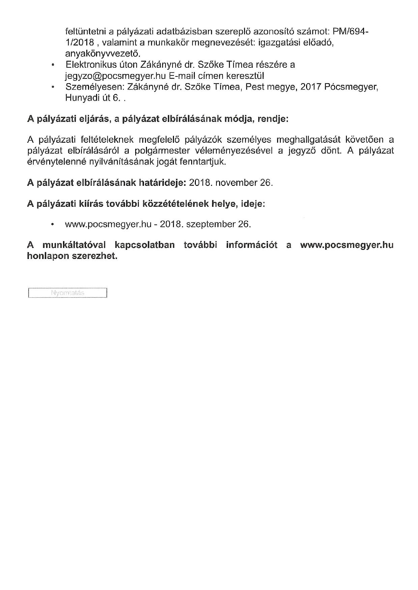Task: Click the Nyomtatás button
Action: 67,293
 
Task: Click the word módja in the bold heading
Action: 236,119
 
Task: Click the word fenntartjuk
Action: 208,162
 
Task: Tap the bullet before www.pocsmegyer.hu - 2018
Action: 52,225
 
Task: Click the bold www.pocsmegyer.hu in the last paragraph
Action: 347,245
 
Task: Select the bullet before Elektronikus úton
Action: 52,65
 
